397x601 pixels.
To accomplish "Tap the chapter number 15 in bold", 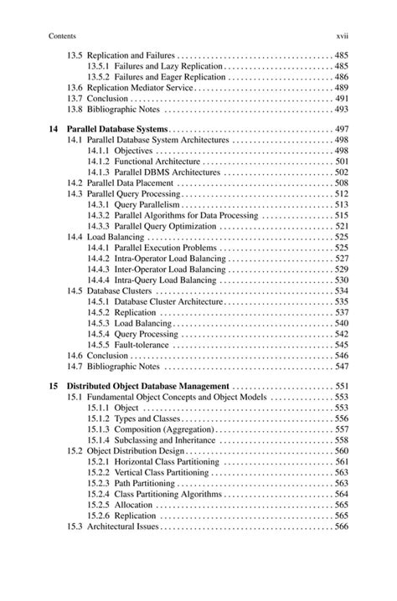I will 54,386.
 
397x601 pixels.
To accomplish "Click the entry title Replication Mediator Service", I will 140,87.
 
